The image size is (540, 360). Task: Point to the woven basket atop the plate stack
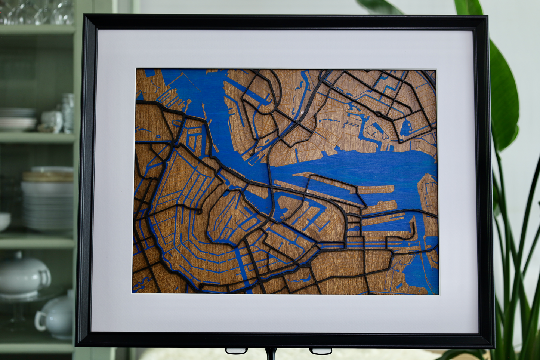click(48, 176)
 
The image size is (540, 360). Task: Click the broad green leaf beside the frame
click(503, 97)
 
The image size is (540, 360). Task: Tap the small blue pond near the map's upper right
click(405, 129)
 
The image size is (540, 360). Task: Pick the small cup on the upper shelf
click(52, 121)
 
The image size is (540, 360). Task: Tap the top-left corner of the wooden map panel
click(136, 70)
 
